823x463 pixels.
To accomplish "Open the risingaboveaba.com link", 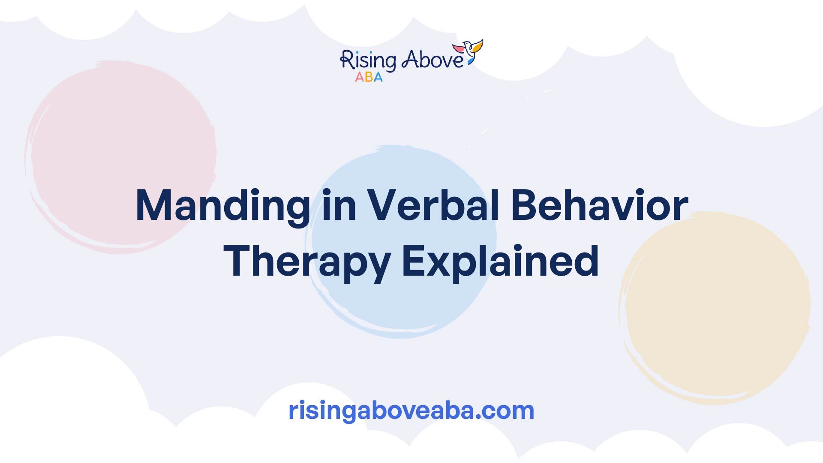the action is (411, 410).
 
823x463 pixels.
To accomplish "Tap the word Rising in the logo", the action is (367, 61).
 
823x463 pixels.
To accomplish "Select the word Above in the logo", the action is (433, 60).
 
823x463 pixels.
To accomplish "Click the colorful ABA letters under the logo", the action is (369, 77).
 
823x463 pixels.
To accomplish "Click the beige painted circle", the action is (715, 307).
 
